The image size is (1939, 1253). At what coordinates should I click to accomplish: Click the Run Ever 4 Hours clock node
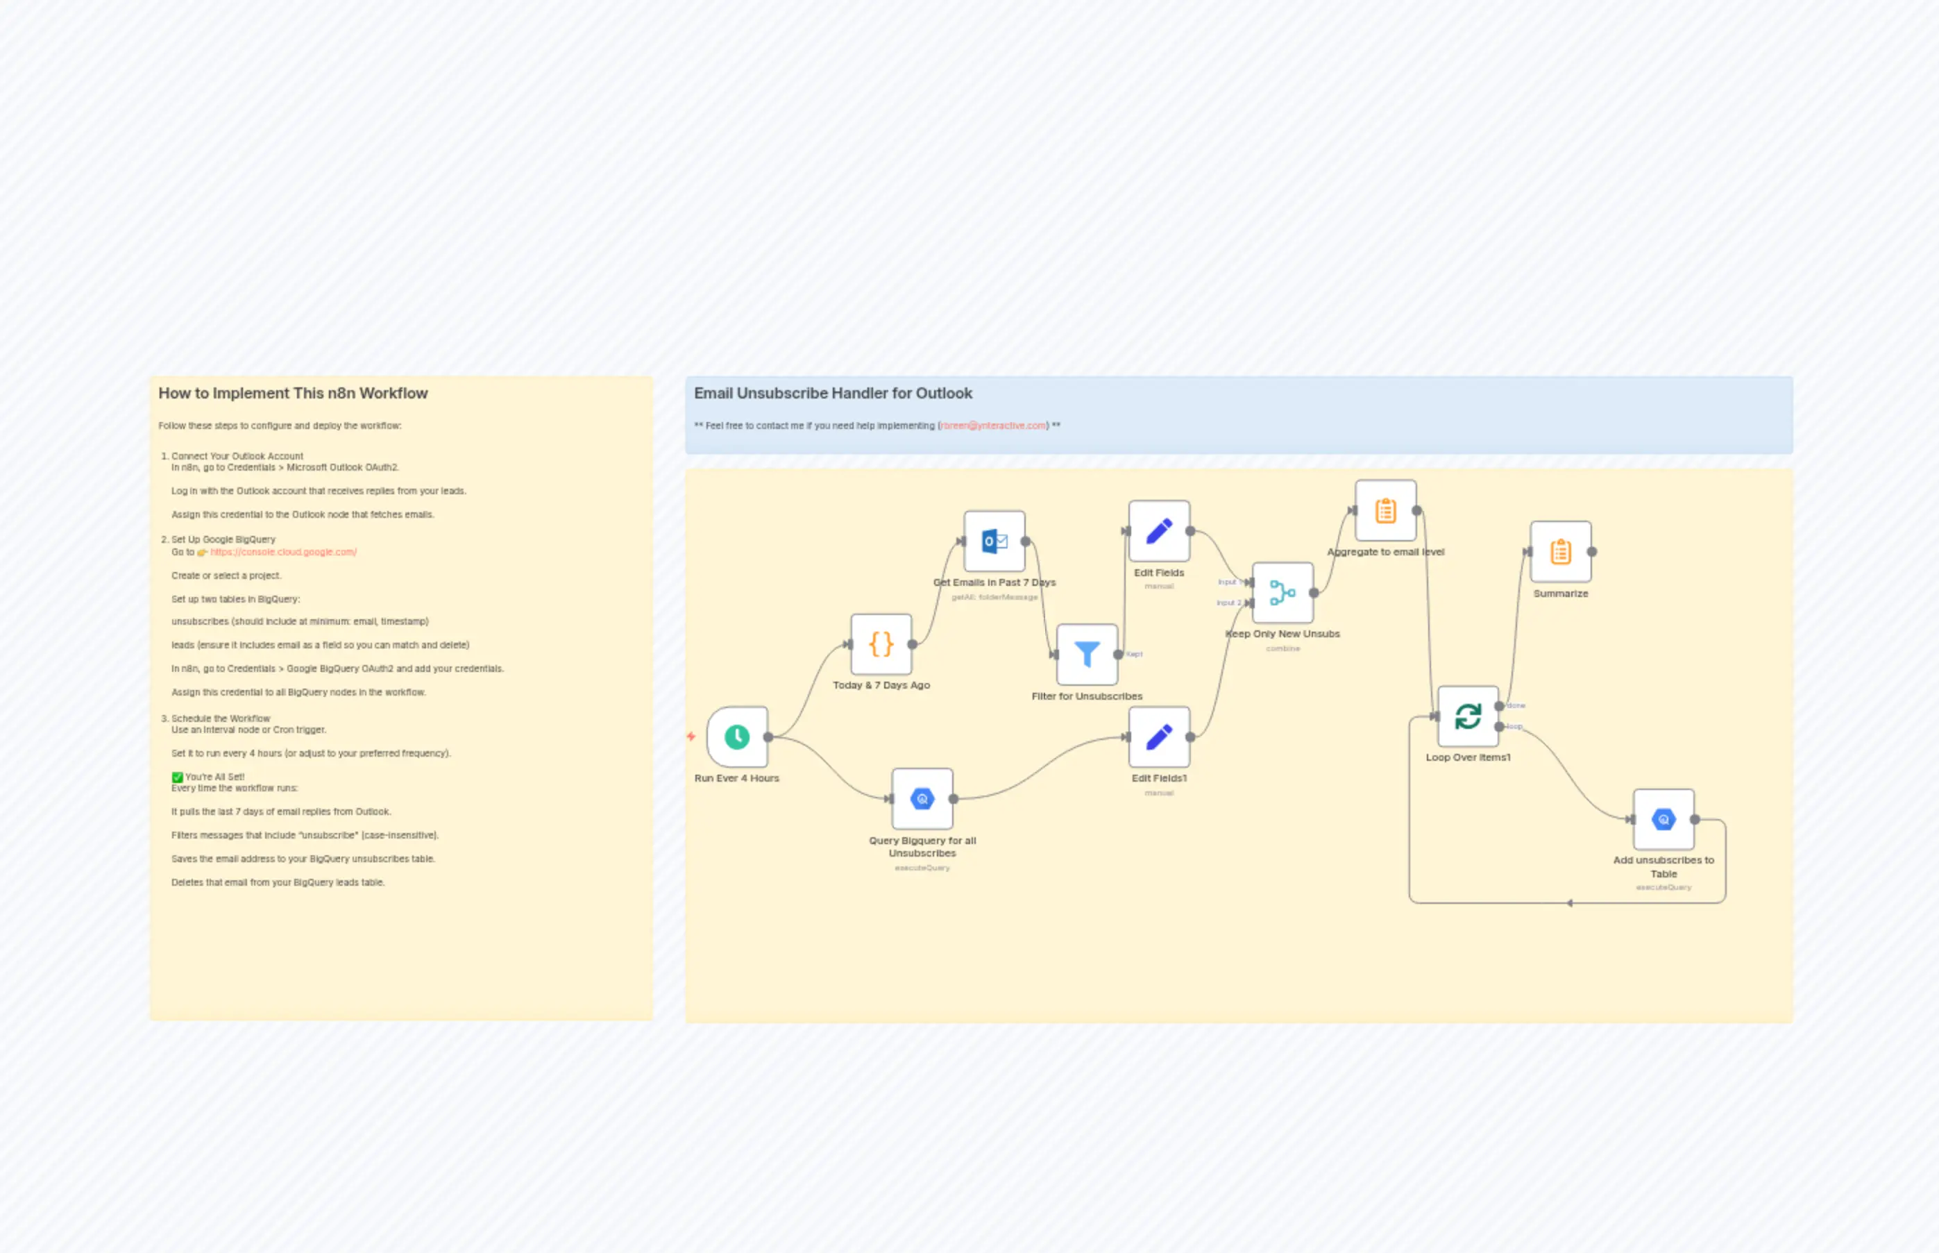737,737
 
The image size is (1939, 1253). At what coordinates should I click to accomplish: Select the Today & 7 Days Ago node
881,644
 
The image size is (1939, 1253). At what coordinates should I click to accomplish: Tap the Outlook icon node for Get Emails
994,541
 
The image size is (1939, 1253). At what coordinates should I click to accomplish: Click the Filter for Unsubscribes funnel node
1087,654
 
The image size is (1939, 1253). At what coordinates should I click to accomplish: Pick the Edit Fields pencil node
1159,531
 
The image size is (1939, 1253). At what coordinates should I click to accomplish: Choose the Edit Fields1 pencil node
1159,737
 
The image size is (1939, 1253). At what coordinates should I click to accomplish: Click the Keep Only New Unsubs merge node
1282,592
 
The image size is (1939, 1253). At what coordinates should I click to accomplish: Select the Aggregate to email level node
1385,511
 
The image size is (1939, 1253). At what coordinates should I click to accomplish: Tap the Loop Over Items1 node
1467,716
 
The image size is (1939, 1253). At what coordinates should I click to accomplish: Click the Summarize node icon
1560,552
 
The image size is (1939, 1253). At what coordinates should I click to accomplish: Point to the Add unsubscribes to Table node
1663,819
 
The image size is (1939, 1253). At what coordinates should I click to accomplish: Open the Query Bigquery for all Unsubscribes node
922,799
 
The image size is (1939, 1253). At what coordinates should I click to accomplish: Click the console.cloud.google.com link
283,553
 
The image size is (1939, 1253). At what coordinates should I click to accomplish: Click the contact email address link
993,426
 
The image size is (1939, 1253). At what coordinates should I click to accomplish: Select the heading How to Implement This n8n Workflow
293,394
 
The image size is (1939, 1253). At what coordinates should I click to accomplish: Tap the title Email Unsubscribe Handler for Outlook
833,394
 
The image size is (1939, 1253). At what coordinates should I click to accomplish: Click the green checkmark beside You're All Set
177,777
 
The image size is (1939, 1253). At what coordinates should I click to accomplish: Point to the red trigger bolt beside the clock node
691,737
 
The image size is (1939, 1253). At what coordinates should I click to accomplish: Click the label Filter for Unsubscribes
1087,696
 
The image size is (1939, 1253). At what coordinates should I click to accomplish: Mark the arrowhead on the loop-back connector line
1570,903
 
